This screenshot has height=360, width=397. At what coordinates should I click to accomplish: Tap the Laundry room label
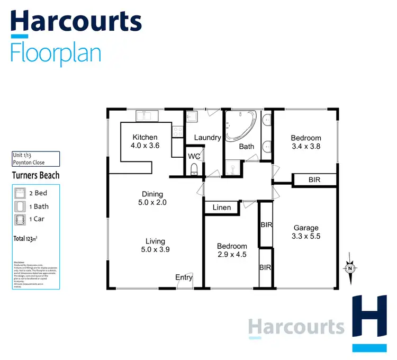click(207, 138)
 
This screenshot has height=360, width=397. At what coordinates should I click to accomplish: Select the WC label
click(194, 157)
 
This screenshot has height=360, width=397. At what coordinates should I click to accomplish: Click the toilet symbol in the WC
click(194, 169)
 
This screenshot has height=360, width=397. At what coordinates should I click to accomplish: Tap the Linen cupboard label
click(222, 208)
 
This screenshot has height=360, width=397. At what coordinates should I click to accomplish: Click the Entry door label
click(184, 277)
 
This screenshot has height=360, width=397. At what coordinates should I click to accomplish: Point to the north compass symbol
click(350, 268)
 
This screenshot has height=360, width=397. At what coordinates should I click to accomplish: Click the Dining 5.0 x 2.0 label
click(152, 199)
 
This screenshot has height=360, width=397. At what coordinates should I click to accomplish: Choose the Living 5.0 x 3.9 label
click(152, 245)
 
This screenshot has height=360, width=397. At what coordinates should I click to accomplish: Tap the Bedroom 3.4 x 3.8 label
click(306, 142)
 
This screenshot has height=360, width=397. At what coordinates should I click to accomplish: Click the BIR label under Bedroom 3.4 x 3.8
click(314, 180)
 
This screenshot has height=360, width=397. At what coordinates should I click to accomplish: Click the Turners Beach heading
click(35, 175)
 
